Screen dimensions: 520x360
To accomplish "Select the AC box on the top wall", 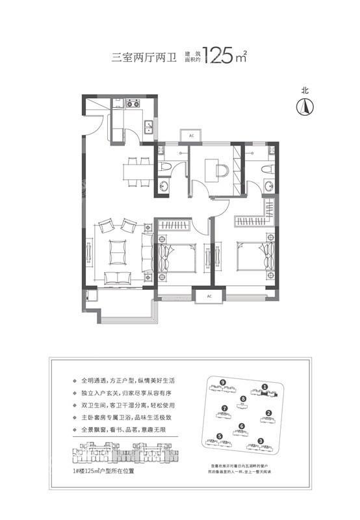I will pos(192,135).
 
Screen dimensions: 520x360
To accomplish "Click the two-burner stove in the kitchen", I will pos(133,103).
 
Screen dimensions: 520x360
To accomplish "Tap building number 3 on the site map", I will pos(260,442).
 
